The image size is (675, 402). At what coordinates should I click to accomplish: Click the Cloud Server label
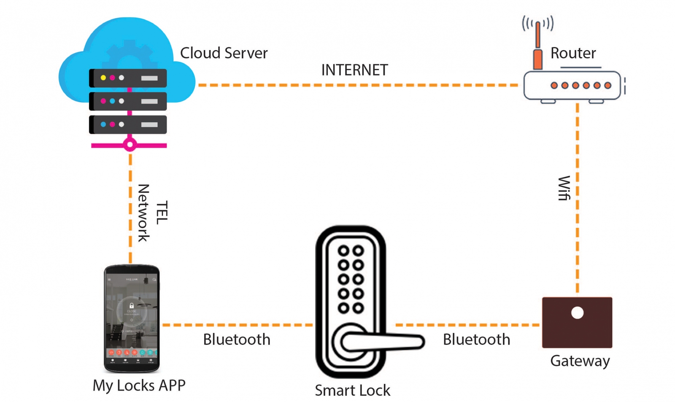(224, 53)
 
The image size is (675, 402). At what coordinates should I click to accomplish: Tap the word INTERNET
(354, 70)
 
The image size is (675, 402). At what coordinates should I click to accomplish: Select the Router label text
(573, 53)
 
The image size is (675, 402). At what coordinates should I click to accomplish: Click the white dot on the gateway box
(577, 313)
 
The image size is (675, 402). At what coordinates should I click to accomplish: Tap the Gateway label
(580, 361)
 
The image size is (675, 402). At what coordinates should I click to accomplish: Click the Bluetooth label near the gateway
(476, 340)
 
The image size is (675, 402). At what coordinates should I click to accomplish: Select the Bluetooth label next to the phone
(237, 340)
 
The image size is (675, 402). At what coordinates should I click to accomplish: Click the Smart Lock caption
(352, 390)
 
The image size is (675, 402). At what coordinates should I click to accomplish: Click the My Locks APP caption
(139, 385)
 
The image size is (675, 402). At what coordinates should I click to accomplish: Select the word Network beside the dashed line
(143, 213)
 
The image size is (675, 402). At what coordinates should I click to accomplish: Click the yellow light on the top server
(103, 78)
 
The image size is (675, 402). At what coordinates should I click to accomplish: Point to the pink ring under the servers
(130, 145)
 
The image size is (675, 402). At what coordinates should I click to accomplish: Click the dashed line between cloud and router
(359, 85)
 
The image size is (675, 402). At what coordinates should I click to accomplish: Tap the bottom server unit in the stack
(128, 125)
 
